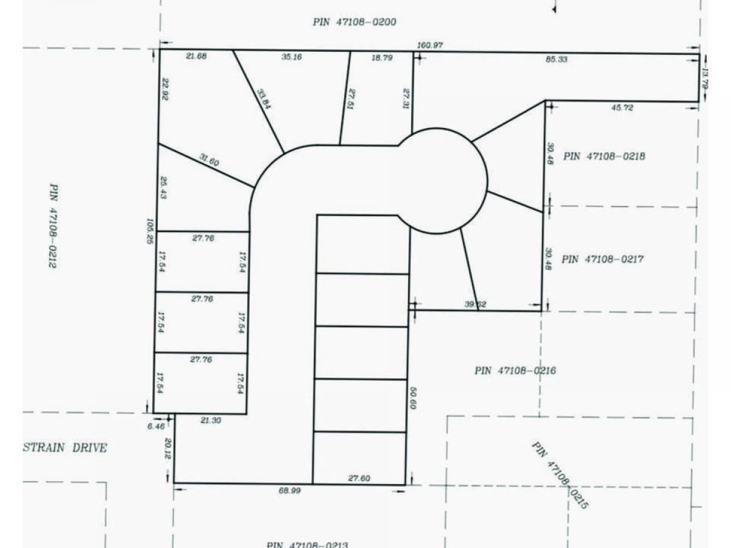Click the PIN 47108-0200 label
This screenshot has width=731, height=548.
coord(355,23)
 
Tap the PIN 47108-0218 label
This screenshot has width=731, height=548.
coord(604,156)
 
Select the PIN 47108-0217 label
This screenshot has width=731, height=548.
coord(602,259)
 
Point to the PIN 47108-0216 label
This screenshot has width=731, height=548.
coord(515,371)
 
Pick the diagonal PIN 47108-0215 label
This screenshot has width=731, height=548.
coord(560,475)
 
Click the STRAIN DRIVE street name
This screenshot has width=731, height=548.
coord(65,448)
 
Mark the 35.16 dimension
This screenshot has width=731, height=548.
coord(292,57)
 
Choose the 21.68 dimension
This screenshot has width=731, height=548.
coord(196,57)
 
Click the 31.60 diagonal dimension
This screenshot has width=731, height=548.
coord(209,160)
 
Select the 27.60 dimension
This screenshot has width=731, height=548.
coord(359,479)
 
